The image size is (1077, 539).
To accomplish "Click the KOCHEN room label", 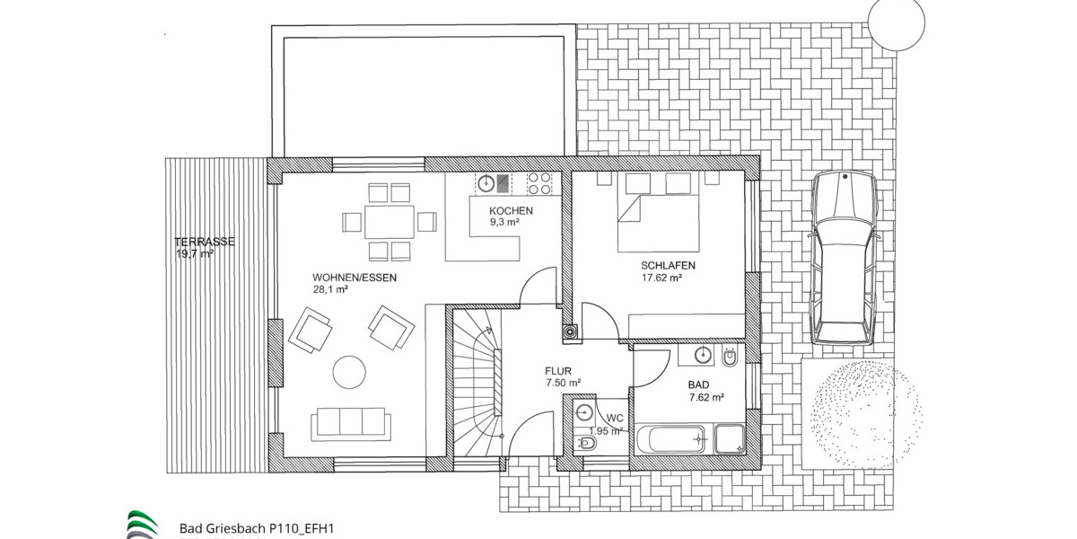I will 511,211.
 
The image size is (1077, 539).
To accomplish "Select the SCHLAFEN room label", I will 669,266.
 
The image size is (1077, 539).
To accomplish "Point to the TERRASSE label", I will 205,242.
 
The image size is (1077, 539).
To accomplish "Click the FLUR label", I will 558,370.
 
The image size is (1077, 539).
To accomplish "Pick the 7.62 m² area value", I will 706,398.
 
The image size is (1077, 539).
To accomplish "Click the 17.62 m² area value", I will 662,278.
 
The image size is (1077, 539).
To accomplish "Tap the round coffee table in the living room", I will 349,371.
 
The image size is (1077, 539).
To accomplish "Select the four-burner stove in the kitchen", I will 540,183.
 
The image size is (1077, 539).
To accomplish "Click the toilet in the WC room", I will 586,444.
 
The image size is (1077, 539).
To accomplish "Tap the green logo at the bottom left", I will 141,525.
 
